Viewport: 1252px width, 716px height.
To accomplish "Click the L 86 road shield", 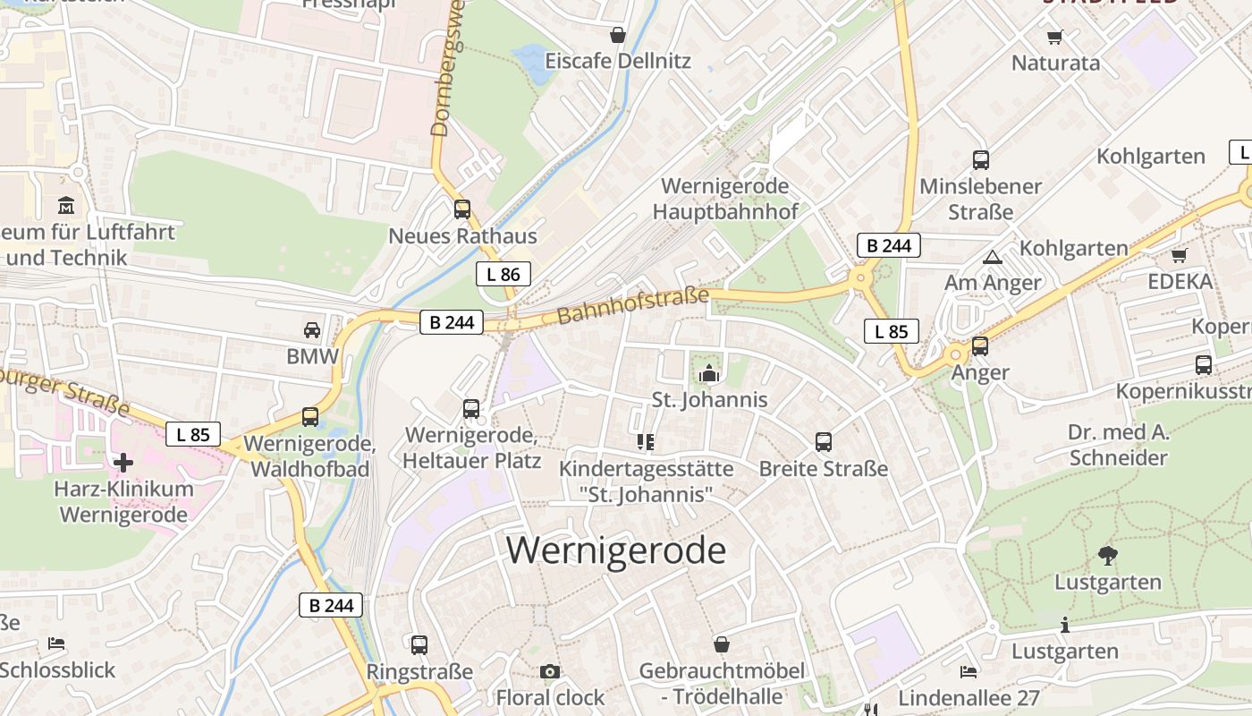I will click(x=503, y=274).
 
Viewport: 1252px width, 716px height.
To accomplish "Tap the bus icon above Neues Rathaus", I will click(x=462, y=209).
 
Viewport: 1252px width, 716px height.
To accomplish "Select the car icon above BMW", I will click(x=312, y=329).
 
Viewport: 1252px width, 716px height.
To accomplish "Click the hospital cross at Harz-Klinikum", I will click(x=123, y=462).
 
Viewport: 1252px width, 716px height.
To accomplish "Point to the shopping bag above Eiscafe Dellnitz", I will click(x=617, y=36).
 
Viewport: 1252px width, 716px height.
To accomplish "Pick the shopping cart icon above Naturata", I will click(x=1055, y=37).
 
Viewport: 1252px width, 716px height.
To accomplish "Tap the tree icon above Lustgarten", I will click(x=1108, y=556).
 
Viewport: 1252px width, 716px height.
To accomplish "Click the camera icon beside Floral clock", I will click(x=550, y=671).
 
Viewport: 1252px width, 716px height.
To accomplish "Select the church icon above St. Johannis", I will click(x=710, y=372).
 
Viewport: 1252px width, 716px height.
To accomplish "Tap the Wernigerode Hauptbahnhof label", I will click(x=725, y=199).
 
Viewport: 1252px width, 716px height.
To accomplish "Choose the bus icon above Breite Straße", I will click(x=824, y=441).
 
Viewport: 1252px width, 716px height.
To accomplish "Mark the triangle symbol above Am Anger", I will click(x=992, y=258).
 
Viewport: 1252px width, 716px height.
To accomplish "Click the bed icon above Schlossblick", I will click(x=56, y=644).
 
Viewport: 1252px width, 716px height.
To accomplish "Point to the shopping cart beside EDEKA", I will click(x=1179, y=256).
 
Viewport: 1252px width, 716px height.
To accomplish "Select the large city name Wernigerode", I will click(x=616, y=550).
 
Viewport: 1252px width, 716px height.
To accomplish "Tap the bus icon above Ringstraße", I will click(x=419, y=644).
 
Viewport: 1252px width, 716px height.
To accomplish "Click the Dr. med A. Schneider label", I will click(x=1118, y=446).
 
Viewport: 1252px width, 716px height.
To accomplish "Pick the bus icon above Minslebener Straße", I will click(x=981, y=160).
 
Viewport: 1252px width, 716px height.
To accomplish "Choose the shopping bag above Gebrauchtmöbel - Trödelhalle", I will click(x=722, y=644).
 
